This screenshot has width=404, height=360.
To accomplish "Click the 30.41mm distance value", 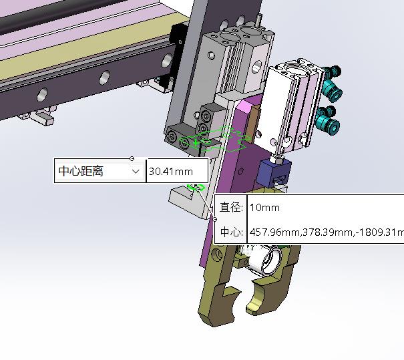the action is tap(171, 172).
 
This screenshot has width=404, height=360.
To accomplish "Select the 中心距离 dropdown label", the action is tap(81, 171).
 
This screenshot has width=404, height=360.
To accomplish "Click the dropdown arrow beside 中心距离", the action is tap(136, 172).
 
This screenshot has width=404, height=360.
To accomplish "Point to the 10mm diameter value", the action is tap(264, 208).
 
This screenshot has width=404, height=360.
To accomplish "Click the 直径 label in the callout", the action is tap(231, 207).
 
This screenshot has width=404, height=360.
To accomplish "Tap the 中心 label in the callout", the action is tap(231, 232).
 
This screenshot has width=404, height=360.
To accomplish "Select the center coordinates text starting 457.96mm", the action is tap(327, 232).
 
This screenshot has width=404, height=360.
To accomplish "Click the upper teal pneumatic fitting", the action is tap(332, 83).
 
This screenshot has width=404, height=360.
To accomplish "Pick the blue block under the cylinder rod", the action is tap(274, 172).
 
